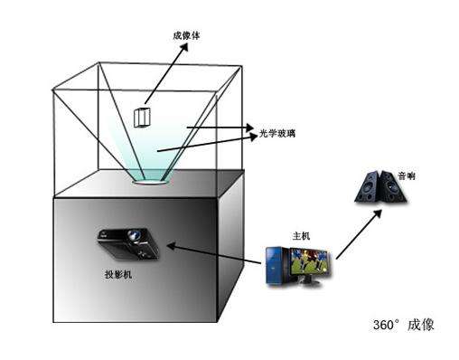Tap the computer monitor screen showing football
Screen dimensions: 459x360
(x=308, y=262)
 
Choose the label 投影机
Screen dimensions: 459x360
(x=119, y=271)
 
